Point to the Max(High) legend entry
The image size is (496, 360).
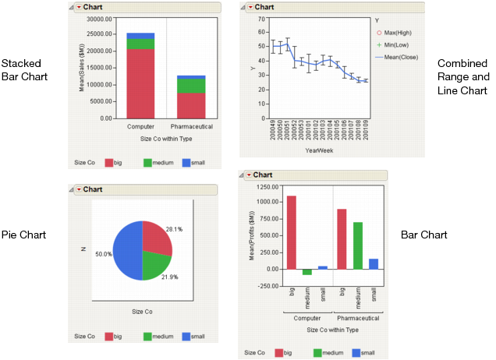click(392, 33)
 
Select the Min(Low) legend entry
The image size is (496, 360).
click(392, 44)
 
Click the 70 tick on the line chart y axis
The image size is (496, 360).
click(260, 19)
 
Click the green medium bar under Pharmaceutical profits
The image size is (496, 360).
click(357, 245)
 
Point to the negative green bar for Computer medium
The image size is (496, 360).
click(306, 272)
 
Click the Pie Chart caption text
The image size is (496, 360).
click(23, 235)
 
